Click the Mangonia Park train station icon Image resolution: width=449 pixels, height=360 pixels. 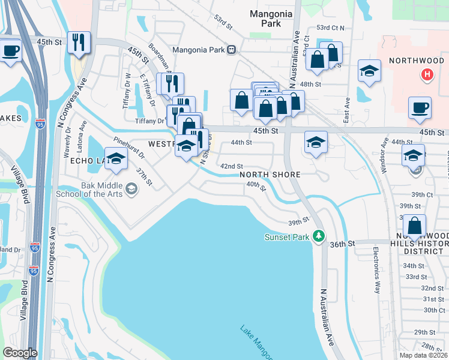(x=231, y=50)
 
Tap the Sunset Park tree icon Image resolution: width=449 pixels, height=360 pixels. (x=320, y=236)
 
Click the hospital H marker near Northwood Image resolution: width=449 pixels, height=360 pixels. (x=427, y=75)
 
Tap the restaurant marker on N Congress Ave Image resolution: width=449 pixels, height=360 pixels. (x=79, y=43)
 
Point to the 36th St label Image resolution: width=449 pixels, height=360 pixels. (x=343, y=244)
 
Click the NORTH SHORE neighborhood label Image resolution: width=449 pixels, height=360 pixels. (x=270, y=175)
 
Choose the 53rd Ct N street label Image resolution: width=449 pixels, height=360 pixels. (x=331, y=28)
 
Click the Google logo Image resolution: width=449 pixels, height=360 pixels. (x=20, y=352)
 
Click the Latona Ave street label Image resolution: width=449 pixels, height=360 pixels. (x=82, y=136)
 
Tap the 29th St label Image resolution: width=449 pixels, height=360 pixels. (x=424, y=332)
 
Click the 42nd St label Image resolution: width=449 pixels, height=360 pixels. (x=231, y=166)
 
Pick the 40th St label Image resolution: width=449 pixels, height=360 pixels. (x=256, y=187)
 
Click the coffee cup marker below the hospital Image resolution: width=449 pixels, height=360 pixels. (x=420, y=108)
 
